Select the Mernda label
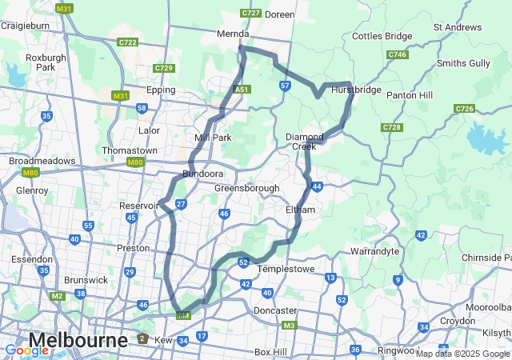[234, 34]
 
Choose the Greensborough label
[246, 188]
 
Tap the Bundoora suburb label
[202, 174]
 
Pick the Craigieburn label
[25, 25]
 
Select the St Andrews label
[458, 27]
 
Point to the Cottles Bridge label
[382, 36]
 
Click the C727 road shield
[251, 14]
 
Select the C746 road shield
[398, 54]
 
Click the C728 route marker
[392, 127]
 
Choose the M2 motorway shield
[57, 296]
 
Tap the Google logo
[27, 350]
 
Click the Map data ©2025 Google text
[462, 354]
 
